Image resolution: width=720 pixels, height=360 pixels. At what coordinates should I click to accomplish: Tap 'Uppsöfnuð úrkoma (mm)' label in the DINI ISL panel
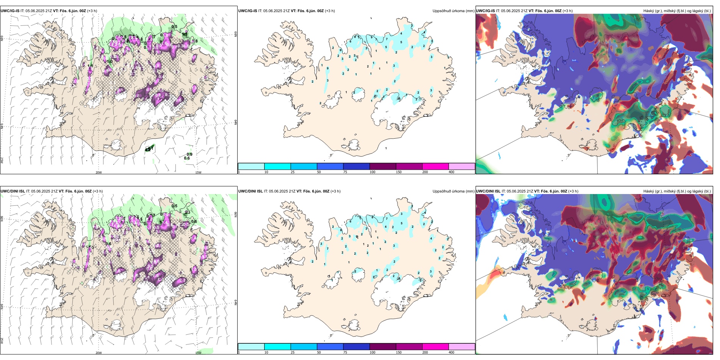(x=453, y=191)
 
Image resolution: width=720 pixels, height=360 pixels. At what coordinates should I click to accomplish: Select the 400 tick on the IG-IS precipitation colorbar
(x=451, y=172)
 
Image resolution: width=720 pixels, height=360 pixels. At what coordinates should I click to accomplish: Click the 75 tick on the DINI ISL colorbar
(x=345, y=352)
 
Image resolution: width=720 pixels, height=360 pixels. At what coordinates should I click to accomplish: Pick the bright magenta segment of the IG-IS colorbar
(x=435, y=166)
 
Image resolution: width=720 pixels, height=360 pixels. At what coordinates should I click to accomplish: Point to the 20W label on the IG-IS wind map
(x=99, y=172)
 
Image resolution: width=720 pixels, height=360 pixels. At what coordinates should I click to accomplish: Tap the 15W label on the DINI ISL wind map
(x=198, y=353)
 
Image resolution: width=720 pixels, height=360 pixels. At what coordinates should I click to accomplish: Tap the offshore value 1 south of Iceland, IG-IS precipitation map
(x=386, y=148)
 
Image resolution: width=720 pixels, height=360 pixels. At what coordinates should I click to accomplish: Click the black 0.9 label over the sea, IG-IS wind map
(x=189, y=154)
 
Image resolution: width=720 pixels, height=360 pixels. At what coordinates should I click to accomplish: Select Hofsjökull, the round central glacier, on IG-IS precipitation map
(x=358, y=94)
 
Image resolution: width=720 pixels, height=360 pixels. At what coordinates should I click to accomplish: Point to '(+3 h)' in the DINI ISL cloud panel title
(x=573, y=191)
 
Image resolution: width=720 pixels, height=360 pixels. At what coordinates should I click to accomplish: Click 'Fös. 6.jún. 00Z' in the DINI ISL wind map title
(x=78, y=191)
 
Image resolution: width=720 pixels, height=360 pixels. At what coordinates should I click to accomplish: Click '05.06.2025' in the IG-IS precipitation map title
(x=273, y=11)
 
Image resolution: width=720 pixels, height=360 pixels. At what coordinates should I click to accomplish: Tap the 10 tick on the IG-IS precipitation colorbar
(x=266, y=172)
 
